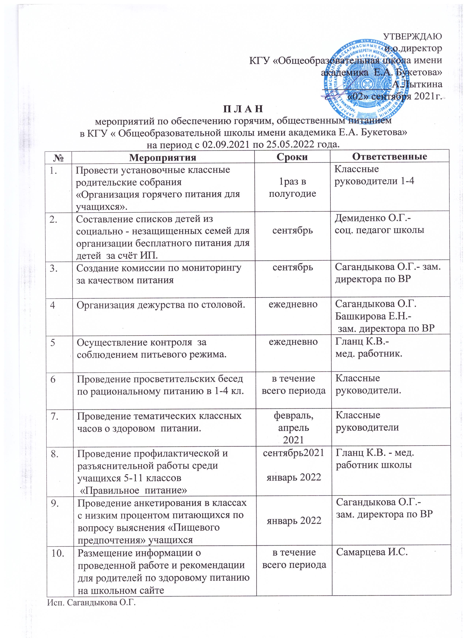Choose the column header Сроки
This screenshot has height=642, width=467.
(293, 157)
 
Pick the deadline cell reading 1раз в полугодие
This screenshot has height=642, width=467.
(293, 188)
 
